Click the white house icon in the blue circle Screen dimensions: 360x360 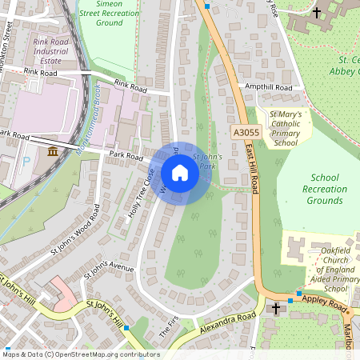click(x=180, y=172)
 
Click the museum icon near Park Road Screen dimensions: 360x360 click(x=53, y=152)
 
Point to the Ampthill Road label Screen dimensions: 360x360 click(x=269, y=87)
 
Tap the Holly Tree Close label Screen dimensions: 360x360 click(x=141, y=194)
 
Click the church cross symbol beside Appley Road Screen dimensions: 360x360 click(x=276, y=308)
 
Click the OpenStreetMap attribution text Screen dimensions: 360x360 click(x=80, y=354)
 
